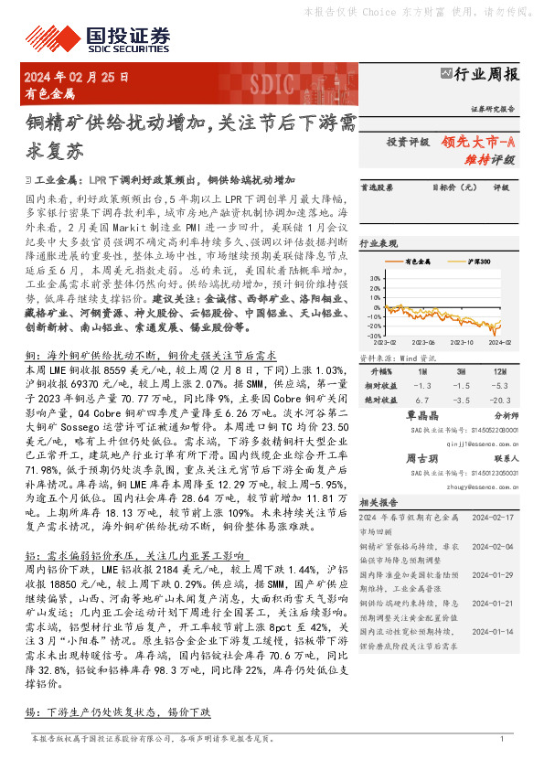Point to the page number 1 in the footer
(502, 739)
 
